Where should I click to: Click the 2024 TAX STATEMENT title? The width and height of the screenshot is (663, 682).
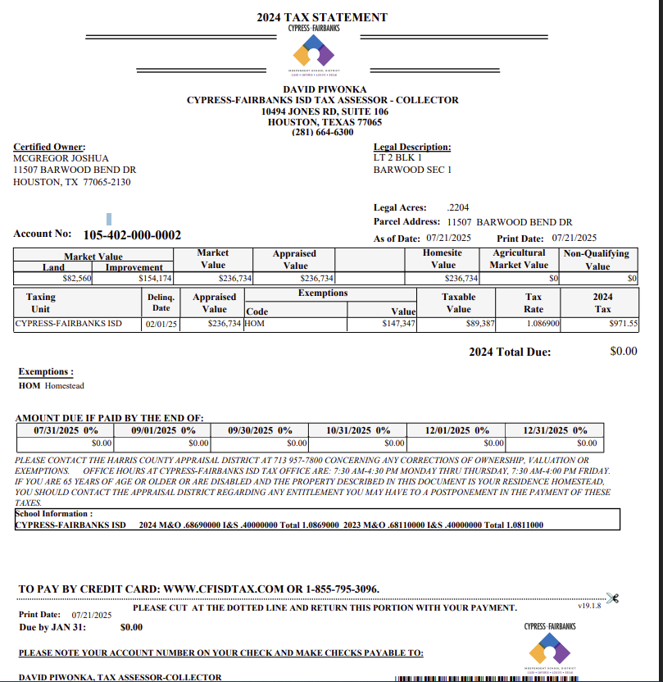point(321,17)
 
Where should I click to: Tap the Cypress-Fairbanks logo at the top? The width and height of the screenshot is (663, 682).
point(314,54)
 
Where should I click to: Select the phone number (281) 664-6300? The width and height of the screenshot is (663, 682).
point(322,132)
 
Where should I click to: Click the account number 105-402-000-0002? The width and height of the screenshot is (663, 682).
point(132,235)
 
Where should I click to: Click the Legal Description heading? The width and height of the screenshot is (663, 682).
point(412,147)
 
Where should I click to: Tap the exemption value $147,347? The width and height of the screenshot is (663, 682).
point(399,324)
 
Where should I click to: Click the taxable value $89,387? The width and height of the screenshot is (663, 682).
point(481,324)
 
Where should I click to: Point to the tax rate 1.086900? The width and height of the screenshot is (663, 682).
point(543,324)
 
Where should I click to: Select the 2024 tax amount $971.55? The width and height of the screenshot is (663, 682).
point(624,324)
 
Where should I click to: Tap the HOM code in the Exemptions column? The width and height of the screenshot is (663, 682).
point(256,324)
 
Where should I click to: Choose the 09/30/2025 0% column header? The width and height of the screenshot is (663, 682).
point(260,430)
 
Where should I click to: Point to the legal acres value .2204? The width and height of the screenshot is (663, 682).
point(458,208)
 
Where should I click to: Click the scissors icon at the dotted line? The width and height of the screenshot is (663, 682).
point(611,598)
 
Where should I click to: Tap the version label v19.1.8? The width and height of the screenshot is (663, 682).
point(589,606)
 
